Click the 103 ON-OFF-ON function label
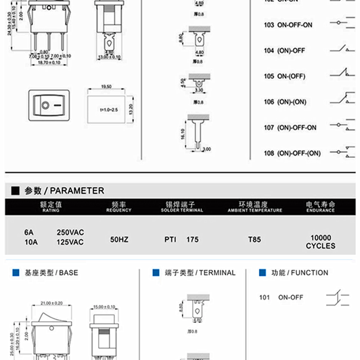pos(288,25)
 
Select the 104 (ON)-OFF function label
pos(284,50)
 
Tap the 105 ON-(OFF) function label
pos(284,76)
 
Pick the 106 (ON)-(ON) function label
pos(285,102)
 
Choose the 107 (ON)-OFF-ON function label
pos(290,127)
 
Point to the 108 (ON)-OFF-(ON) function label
pos(292,153)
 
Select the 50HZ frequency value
pos(119,239)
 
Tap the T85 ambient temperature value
pos(254,239)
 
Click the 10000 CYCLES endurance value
pos(320,242)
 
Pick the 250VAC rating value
pos(70,233)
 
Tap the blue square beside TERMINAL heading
pos(156,272)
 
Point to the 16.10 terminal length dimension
pos(183,134)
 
